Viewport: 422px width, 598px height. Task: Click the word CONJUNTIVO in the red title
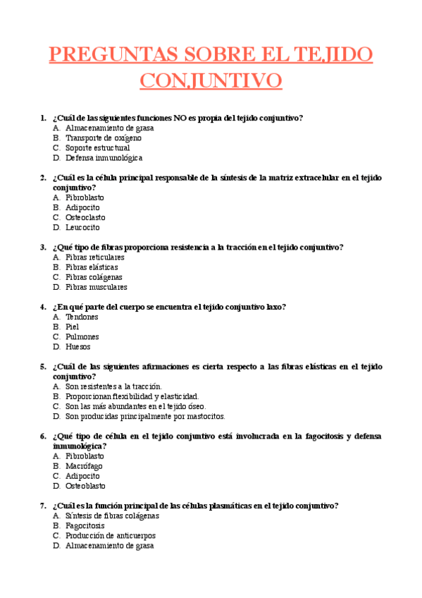coord(211,80)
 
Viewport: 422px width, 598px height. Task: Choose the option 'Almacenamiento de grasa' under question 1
coord(109,128)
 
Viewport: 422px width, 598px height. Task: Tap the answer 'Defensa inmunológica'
coord(104,158)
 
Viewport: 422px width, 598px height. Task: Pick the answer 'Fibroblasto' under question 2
coord(85,198)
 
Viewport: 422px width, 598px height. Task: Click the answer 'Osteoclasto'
coord(85,218)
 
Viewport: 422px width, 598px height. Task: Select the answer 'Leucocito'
coord(82,228)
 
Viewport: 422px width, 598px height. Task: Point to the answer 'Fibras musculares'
coord(97,287)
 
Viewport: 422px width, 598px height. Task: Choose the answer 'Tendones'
coord(82,317)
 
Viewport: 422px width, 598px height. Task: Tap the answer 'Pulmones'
coord(82,337)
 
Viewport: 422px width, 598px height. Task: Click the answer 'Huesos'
coord(77,347)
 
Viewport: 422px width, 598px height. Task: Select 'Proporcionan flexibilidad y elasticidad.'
coord(132,396)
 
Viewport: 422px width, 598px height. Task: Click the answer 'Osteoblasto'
coord(85,486)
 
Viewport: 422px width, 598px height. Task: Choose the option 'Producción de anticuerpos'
coord(111,536)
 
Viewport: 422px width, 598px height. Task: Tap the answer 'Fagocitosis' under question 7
coord(85,526)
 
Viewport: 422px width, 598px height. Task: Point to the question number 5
coord(44,367)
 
